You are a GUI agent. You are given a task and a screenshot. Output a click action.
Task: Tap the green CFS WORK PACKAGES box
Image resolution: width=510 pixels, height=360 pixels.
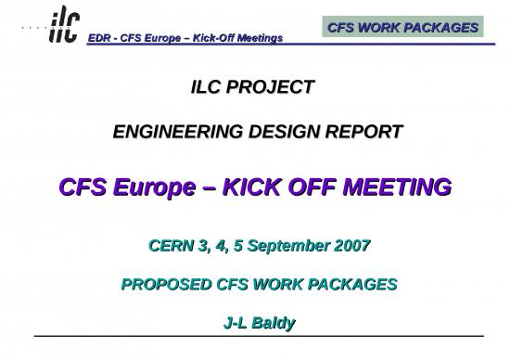403,27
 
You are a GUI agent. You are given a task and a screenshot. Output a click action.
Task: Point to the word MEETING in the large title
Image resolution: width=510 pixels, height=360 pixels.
400,187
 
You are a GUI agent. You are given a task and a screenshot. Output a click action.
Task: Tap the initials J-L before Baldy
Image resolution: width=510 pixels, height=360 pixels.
236,323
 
